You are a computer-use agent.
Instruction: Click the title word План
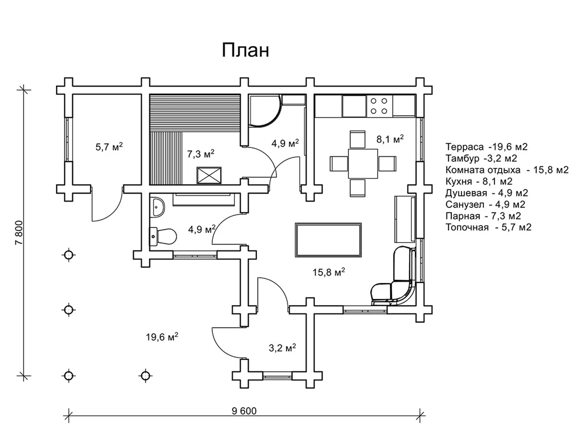coord(245,51)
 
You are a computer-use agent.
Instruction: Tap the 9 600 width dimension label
coord(244,411)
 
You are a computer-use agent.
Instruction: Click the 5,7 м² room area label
coord(109,146)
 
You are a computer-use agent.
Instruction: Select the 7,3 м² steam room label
coord(201,154)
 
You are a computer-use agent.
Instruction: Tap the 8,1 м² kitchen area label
coord(390,139)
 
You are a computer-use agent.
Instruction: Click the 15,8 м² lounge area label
coord(328,272)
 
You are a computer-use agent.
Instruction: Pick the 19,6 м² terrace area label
coord(162,337)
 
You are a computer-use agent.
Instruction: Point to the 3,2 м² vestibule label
coord(282,348)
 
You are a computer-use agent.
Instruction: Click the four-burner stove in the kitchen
coord(379,106)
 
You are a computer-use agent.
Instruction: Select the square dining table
coord(363,163)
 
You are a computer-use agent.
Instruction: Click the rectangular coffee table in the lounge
coord(328,239)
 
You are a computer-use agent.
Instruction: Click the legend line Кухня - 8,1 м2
coord(479,181)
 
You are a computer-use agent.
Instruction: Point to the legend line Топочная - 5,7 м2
coord(488,227)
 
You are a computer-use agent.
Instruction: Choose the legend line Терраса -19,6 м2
coord(486,147)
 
